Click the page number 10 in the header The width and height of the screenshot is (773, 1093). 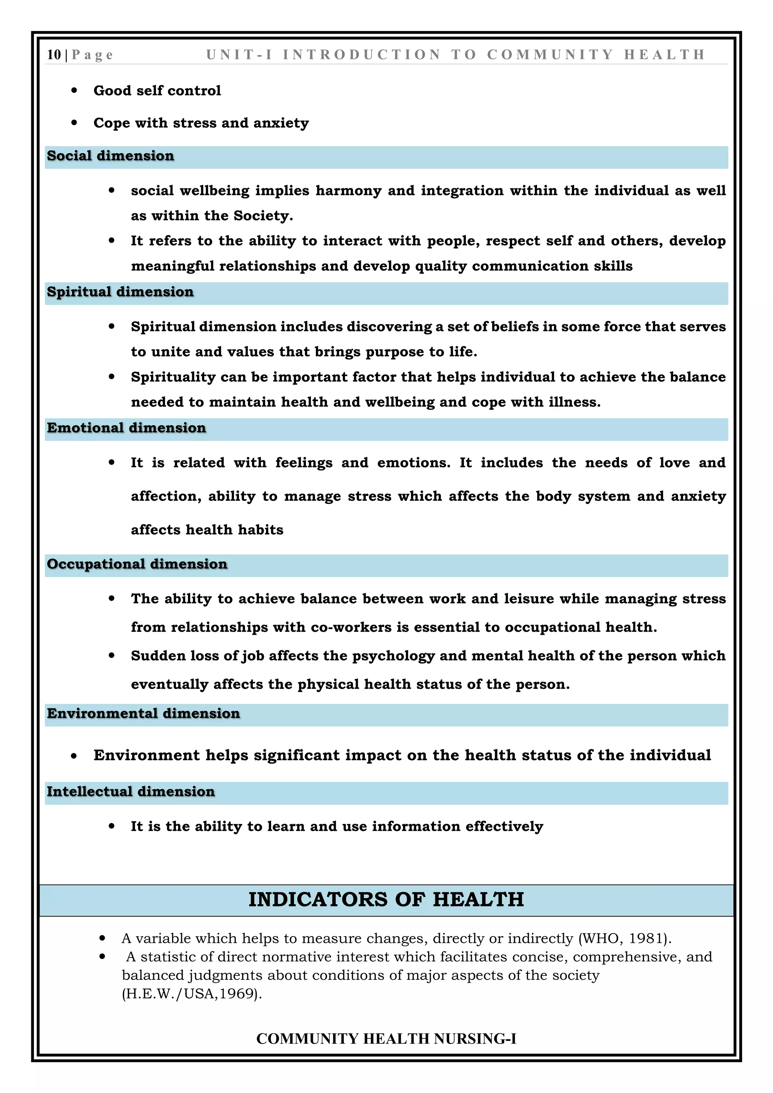coord(54,55)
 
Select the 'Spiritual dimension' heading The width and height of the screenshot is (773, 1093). coord(120,292)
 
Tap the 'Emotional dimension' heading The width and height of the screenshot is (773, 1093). coord(126,428)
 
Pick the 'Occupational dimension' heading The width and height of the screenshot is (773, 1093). coord(137,564)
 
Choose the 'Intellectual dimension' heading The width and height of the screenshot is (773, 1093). coord(131,792)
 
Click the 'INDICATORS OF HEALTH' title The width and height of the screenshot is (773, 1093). coord(386,900)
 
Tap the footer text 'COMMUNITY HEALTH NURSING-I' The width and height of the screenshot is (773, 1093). coord(386,1039)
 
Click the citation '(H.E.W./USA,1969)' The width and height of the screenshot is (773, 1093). coord(192,994)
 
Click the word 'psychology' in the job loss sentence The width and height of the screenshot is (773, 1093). coord(393,656)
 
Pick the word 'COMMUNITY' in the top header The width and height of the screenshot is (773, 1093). coord(550,55)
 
